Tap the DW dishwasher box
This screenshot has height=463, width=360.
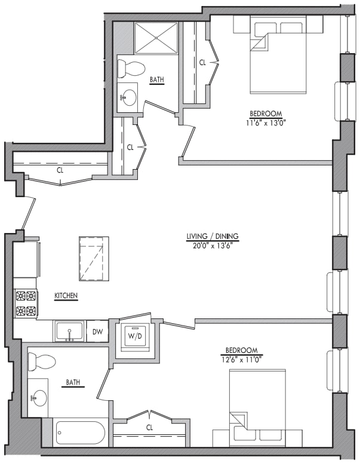pos(97,331)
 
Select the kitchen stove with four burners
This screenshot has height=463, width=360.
pos(26,302)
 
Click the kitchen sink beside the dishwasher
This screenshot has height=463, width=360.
pos(70,331)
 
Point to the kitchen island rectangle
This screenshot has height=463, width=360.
pos(94,258)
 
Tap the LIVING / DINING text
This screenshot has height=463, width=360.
pos(211,236)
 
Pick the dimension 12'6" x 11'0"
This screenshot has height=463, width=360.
pos(241,359)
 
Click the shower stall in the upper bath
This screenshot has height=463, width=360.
pos(155,38)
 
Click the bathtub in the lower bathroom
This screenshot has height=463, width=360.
pos(80,432)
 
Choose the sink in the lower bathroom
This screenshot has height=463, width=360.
pos(39,397)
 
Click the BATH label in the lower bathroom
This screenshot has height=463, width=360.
pos(73,382)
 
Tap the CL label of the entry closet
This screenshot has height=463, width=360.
pos(60,170)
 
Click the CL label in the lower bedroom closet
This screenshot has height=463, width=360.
pos(150,427)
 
